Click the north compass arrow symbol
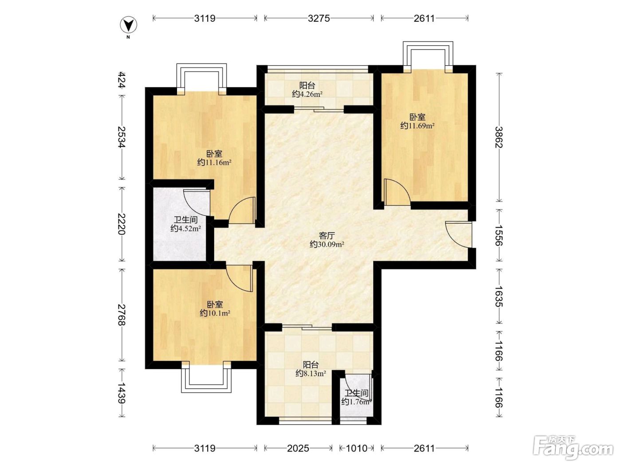pyautogui.click(x=129, y=25)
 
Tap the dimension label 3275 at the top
pyautogui.click(x=319, y=18)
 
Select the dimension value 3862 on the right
pyautogui.click(x=499, y=137)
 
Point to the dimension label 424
pyautogui.click(x=122, y=80)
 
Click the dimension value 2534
pyautogui.click(x=122, y=137)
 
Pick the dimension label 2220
pyautogui.click(x=122, y=224)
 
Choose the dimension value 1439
pyautogui.click(x=122, y=393)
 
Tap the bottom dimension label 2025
pyautogui.click(x=298, y=448)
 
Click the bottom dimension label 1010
pyautogui.click(x=357, y=448)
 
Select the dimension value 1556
pyautogui.click(x=499, y=235)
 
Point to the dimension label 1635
pyautogui.click(x=499, y=296)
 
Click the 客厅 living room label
pyautogui.click(x=327, y=235)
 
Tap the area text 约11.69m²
pyautogui.click(x=417, y=126)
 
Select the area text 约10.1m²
pyautogui.click(x=215, y=313)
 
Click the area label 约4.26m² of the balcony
pyautogui.click(x=307, y=94)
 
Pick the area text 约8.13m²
pyautogui.click(x=311, y=374)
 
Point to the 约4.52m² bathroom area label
pyautogui.click(x=186, y=228)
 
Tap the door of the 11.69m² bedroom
pyautogui.click(x=397, y=193)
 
